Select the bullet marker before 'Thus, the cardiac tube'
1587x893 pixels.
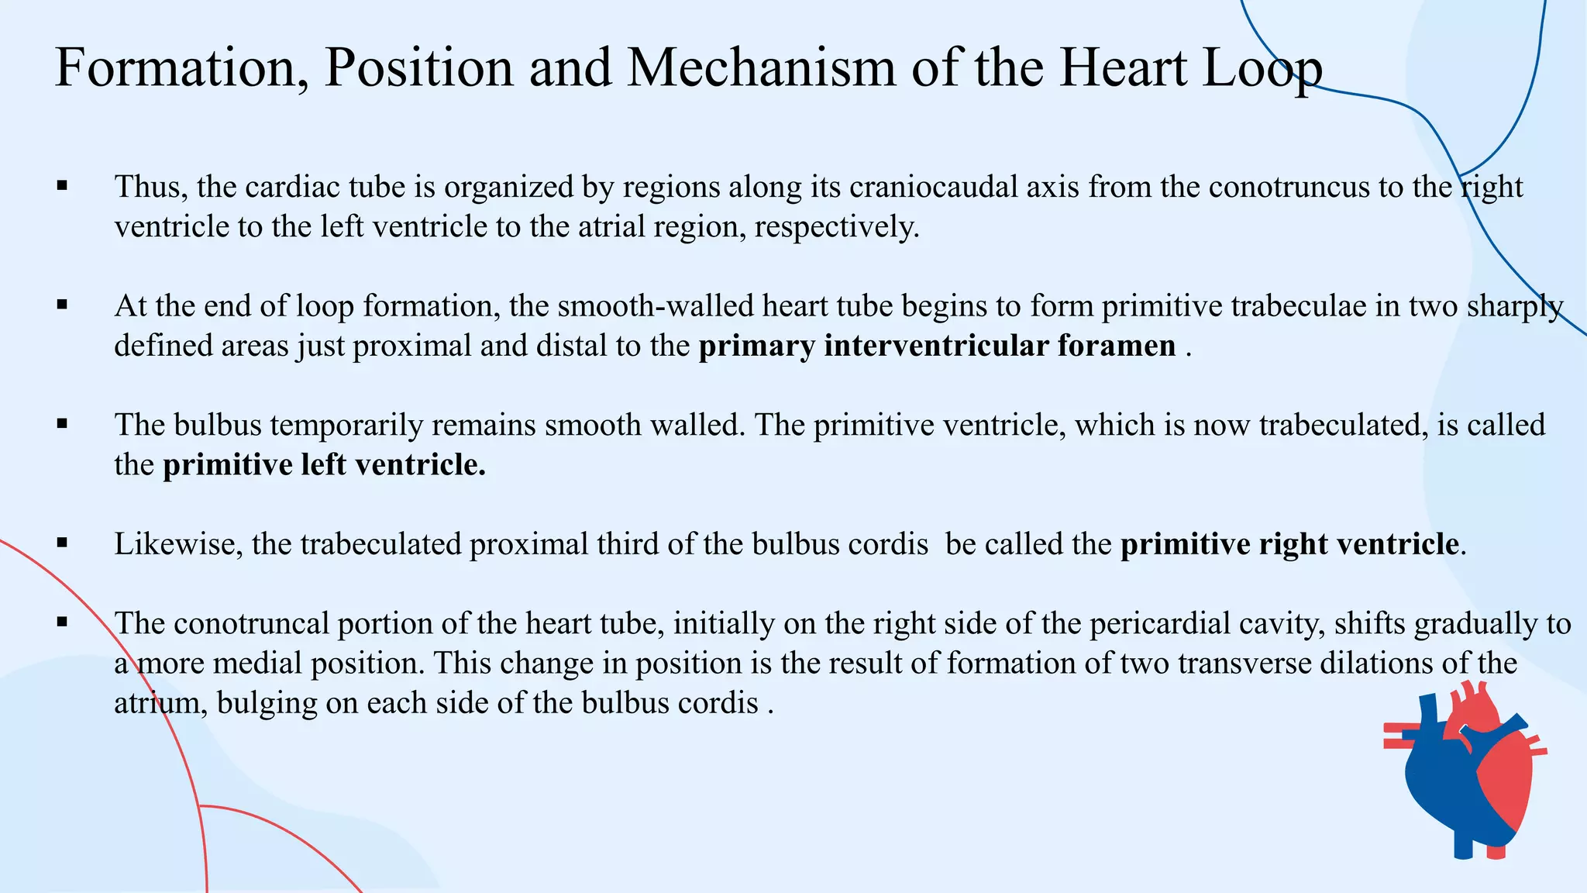click(63, 186)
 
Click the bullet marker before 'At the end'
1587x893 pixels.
click(63, 305)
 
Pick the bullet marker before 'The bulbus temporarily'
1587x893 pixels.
click(63, 424)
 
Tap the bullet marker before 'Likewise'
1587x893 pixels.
click(63, 543)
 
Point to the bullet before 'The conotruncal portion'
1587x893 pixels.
click(63, 622)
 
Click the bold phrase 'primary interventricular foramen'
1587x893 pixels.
click(937, 346)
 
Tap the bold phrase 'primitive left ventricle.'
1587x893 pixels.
click(324, 465)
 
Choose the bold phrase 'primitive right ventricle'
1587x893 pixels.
click(1289, 544)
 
